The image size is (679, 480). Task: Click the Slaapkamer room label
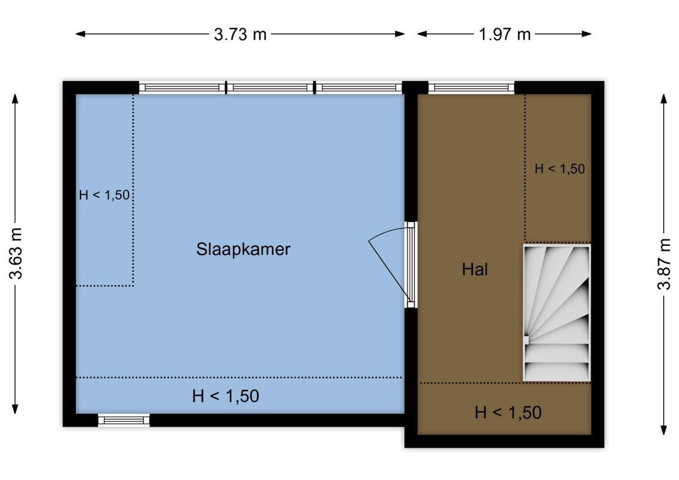point(243,249)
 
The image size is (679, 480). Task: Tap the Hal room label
point(475,269)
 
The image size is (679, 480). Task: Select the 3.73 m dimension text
point(240,34)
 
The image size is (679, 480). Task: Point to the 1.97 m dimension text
point(505,34)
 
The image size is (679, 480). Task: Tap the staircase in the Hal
point(557,312)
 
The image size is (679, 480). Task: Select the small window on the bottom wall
point(124,420)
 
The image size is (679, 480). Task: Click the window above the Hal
point(471,88)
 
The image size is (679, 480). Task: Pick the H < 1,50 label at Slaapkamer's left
point(104,194)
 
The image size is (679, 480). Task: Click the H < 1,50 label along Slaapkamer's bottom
point(226,396)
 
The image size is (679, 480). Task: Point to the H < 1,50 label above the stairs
point(560,169)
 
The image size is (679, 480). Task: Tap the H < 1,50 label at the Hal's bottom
point(508,413)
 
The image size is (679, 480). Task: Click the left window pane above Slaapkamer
point(183,88)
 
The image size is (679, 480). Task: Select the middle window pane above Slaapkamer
point(271,88)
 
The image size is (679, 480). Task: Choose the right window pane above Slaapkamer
point(358,88)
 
